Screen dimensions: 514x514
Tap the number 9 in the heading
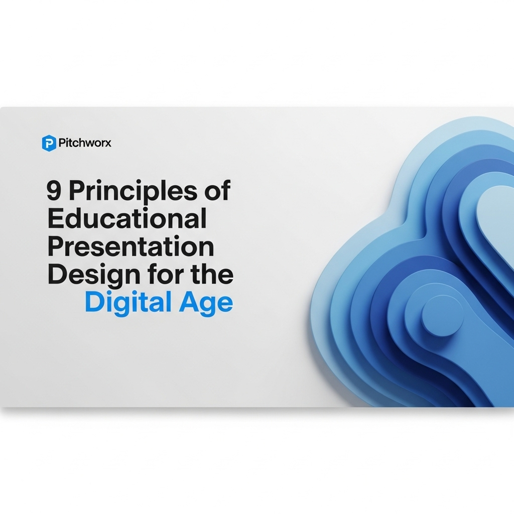pos(54,191)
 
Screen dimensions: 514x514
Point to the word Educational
pos(126,219)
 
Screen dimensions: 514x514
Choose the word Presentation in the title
pos(131,247)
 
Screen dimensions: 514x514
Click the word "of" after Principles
pos(218,191)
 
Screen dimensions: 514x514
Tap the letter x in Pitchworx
pos(108,144)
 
